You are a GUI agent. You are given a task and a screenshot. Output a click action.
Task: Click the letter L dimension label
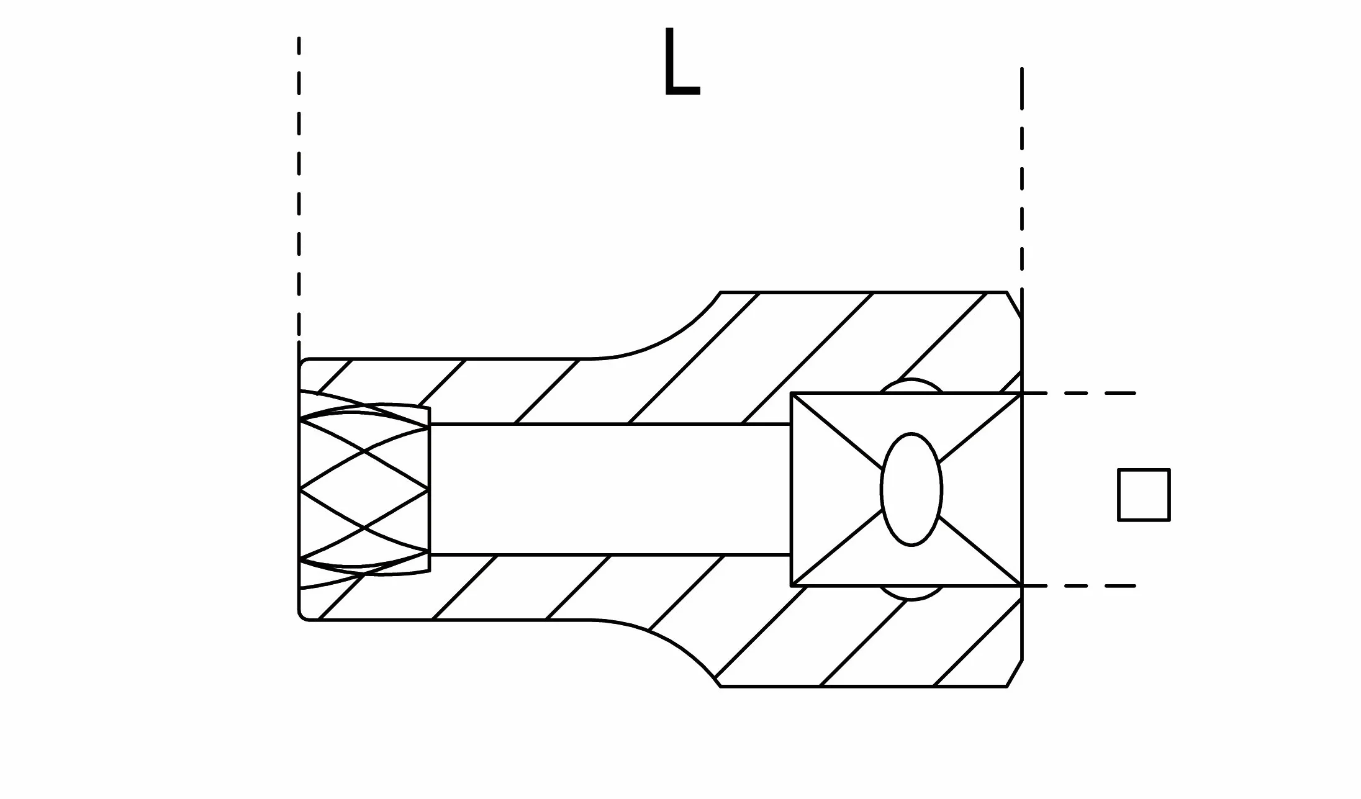pyautogui.click(x=682, y=63)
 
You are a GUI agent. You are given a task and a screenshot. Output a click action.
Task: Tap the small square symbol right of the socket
pyautogui.click(x=1144, y=495)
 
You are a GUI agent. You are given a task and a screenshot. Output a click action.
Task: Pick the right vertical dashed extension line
pyautogui.click(x=1022, y=180)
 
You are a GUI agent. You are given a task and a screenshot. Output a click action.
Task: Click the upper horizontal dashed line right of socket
pyautogui.click(x=1079, y=393)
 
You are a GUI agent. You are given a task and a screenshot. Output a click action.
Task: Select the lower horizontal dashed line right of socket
pyautogui.click(x=1079, y=585)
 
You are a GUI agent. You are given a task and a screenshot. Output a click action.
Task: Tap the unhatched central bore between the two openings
pyautogui.click(x=610, y=489)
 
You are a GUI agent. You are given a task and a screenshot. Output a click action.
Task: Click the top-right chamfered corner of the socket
pyautogui.click(x=1015, y=305)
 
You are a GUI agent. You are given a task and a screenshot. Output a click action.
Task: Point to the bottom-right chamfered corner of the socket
pyautogui.click(x=1015, y=673)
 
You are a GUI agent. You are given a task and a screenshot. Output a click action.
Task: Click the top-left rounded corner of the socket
pyautogui.click(x=302, y=362)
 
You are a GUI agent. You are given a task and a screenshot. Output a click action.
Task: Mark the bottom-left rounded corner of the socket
pyautogui.click(x=302, y=616)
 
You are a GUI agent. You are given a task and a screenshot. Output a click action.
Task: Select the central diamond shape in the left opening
pyautogui.click(x=364, y=489)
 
